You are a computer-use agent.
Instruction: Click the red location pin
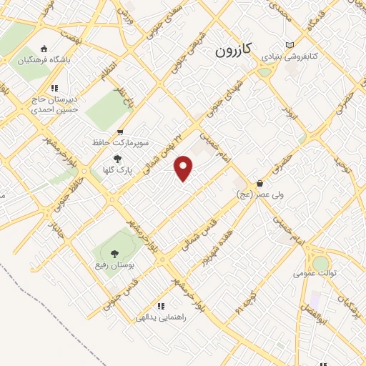(184, 168)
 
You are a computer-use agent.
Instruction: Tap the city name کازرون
(234, 51)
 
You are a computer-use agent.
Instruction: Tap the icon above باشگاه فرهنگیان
(44, 49)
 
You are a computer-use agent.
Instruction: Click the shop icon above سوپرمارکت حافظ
(119, 132)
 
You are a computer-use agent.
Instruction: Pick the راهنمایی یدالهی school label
(161, 317)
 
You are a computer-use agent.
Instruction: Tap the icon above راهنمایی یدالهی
(161, 306)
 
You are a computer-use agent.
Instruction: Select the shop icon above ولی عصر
(259, 184)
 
